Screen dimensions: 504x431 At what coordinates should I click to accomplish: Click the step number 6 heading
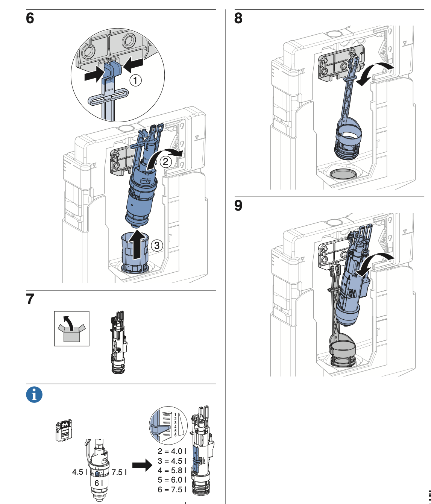(30, 18)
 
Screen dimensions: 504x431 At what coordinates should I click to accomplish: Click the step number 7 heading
(30, 299)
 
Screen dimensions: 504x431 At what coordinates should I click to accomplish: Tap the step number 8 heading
(238, 18)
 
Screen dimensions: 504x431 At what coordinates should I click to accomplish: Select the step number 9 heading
(238, 205)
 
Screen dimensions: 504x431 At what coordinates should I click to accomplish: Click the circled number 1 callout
(136, 80)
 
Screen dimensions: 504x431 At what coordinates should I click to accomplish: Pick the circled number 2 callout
(166, 162)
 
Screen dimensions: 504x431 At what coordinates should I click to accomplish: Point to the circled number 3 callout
(157, 246)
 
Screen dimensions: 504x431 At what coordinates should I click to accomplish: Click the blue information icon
(34, 395)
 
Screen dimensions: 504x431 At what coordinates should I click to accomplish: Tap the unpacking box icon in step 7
(72, 328)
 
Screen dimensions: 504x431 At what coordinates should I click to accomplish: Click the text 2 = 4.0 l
(171, 451)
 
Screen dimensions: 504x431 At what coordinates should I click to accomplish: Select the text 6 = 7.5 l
(171, 489)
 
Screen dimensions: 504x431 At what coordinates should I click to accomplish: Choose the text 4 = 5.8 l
(171, 471)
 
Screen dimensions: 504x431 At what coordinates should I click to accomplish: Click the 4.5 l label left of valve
(80, 472)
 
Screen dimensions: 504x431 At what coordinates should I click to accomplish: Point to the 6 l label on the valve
(99, 483)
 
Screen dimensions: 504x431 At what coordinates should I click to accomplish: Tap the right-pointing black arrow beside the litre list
(143, 466)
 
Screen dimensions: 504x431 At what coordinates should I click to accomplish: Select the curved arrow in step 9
(374, 262)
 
